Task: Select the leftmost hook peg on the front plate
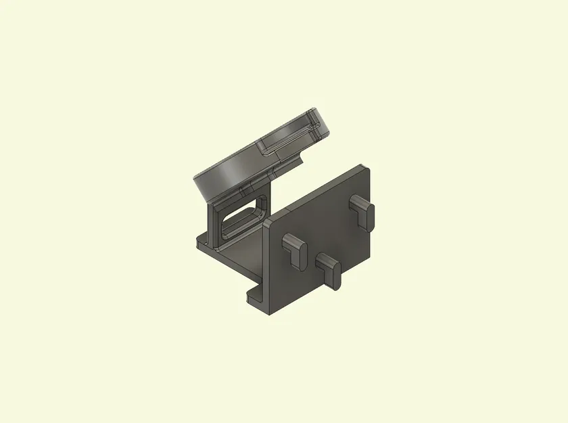(x=293, y=247)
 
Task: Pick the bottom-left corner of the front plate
(x=270, y=314)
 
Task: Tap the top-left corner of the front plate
(x=266, y=222)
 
